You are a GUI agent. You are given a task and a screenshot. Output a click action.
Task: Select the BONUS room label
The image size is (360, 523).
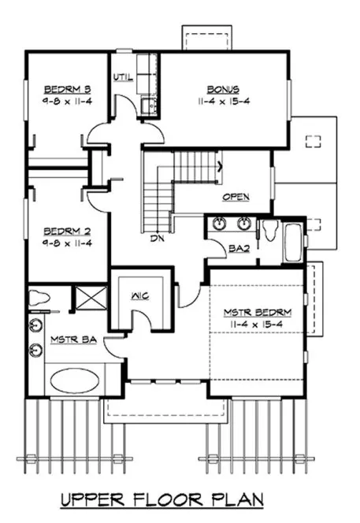click(224, 89)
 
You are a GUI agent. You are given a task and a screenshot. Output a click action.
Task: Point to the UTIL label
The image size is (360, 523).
click(123, 77)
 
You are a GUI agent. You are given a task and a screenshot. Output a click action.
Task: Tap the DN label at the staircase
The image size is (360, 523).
click(156, 238)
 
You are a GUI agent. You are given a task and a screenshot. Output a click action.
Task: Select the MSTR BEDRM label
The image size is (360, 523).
click(257, 312)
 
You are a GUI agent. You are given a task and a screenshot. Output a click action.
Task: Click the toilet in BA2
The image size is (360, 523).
click(269, 230)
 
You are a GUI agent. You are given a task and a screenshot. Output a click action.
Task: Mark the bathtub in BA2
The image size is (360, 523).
click(292, 243)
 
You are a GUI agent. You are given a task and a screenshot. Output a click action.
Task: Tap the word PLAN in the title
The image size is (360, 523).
click(239, 499)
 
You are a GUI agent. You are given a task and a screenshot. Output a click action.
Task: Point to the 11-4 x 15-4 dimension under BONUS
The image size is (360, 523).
click(224, 102)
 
